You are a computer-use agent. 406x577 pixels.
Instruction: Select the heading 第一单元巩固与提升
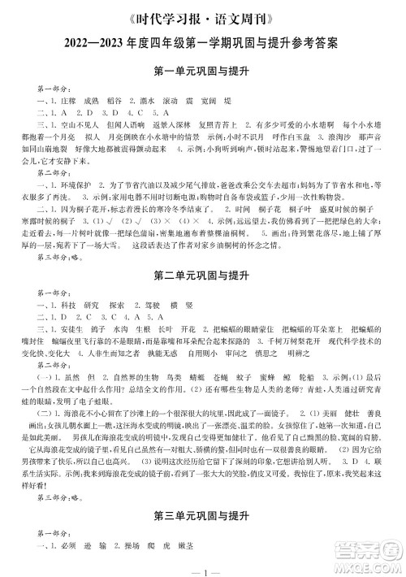point(203,69)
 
